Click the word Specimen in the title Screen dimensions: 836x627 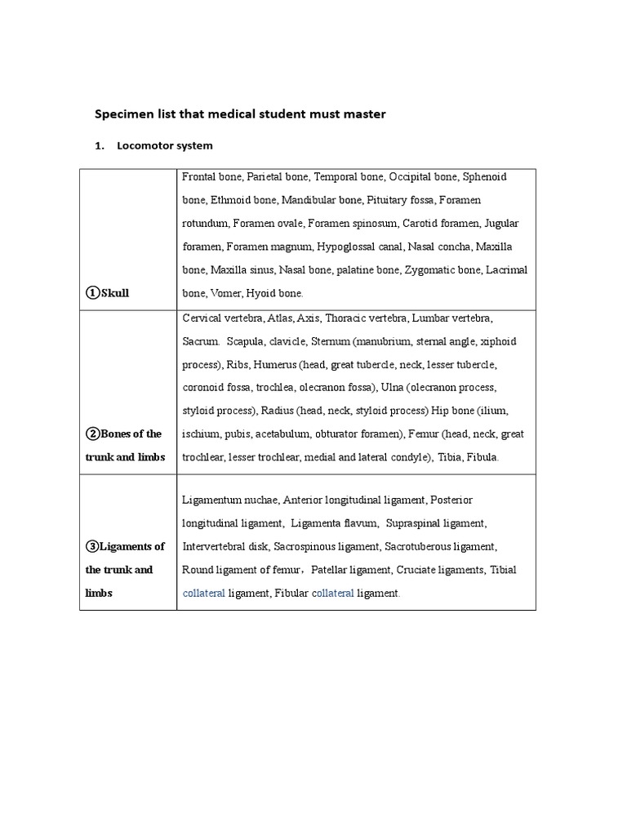[126, 114]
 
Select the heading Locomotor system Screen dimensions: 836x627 [164, 146]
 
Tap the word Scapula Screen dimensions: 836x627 [247, 340]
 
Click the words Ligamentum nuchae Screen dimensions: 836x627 [230, 500]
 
